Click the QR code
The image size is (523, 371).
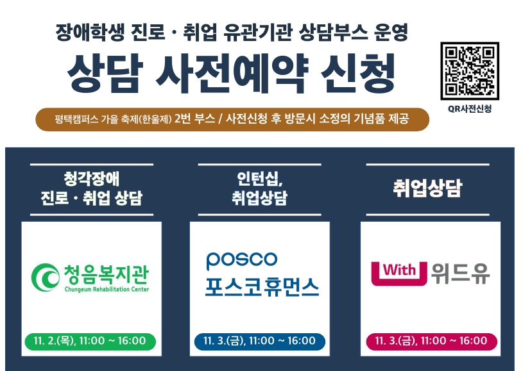(470, 71)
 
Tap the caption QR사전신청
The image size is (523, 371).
(470, 109)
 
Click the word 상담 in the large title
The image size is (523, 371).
(105, 73)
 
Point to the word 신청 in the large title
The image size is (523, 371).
(357, 73)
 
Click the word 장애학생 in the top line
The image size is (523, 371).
(90, 32)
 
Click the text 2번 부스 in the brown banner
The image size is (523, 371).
(195, 119)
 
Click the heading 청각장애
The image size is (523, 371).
(91, 179)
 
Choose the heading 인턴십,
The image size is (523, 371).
(260, 179)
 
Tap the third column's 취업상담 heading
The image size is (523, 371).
(427, 188)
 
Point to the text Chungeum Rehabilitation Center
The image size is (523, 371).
(107, 289)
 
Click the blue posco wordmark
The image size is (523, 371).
(242, 260)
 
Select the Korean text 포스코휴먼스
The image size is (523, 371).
(262, 287)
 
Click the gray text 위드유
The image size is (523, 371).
(461, 274)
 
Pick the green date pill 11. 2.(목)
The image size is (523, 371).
(90, 341)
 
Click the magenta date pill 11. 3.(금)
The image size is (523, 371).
(432, 341)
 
